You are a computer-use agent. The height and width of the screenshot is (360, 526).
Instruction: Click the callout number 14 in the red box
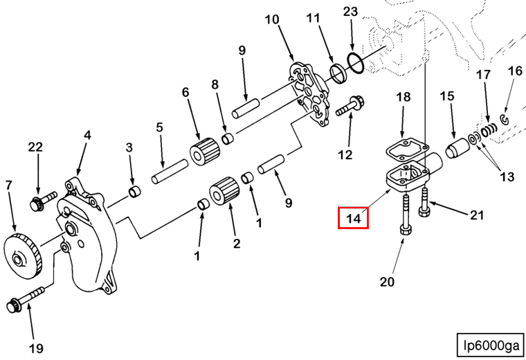(x=353, y=218)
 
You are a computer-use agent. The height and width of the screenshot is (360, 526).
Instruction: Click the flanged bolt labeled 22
(x=37, y=203)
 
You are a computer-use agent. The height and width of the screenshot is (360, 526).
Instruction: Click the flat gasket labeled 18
(x=403, y=147)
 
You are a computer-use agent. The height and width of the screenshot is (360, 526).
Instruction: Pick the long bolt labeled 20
(x=406, y=218)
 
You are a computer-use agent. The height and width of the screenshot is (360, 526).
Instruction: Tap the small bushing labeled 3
(x=134, y=190)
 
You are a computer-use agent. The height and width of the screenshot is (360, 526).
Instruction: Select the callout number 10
(x=272, y=19)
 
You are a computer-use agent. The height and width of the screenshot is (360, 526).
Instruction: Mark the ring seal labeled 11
(x=338, y=71)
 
